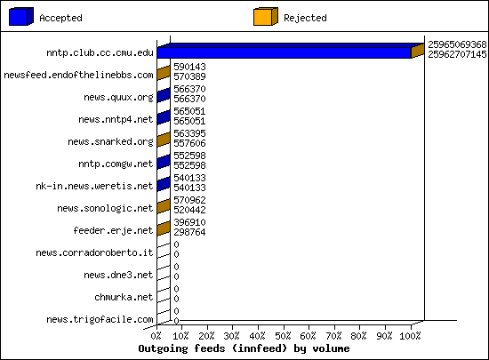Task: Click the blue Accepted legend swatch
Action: (21, 17)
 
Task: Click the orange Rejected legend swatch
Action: (266, 17)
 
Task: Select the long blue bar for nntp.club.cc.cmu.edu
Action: (285, 52)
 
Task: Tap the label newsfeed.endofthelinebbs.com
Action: (78, 76)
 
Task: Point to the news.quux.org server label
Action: (118, 98)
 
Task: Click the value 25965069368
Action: (457, 44)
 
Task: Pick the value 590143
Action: (189, 67)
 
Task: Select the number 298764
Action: (189, 232)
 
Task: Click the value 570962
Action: (189, 200)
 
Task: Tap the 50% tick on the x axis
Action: (283, 336)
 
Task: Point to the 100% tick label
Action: (410, 336)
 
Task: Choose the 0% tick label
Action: (156, 336)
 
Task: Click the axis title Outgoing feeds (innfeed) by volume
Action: (244, 348)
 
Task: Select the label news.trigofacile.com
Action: (100, 319)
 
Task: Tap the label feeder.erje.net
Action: (113, 230)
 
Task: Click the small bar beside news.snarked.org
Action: (164, 140)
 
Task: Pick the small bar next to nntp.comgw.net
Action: (164, 162)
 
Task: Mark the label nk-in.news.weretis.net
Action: (94, 186)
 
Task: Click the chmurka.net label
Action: (124, 298)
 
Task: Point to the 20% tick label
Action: (207, 336)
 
